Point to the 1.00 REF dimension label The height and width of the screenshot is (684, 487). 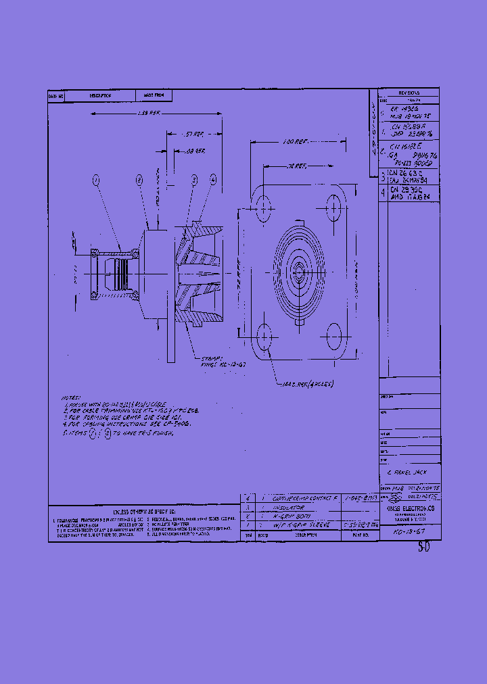pyautogui.click(x=295, y=143)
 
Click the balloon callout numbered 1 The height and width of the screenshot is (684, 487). pyautogui.click(x=96, y=180)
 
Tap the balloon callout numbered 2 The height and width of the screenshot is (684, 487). pyautogui.click(x=139, y=180)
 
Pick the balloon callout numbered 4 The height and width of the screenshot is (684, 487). pyautogui.click(x=213, y=179)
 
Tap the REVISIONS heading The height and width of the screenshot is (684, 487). pyautogui.click(x=409, y=93)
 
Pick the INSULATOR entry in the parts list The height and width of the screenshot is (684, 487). pyautogui.click(x=287, y=506)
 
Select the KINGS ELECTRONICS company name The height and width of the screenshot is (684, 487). pyautogui.click(x=410, y=507)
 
